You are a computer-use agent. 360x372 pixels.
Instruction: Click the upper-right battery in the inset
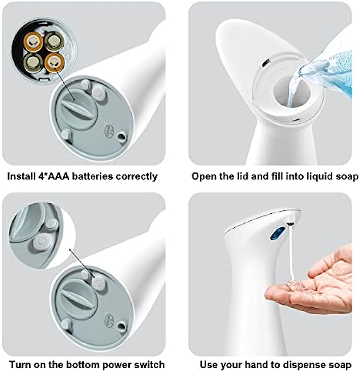[x=54, y=41]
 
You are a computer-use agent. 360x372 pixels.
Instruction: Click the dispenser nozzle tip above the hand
[x=290, y=223]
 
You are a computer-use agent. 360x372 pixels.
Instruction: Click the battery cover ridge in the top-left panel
[x=78, y=107]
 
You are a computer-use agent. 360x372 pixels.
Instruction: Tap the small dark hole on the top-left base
[x=122, y=136]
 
